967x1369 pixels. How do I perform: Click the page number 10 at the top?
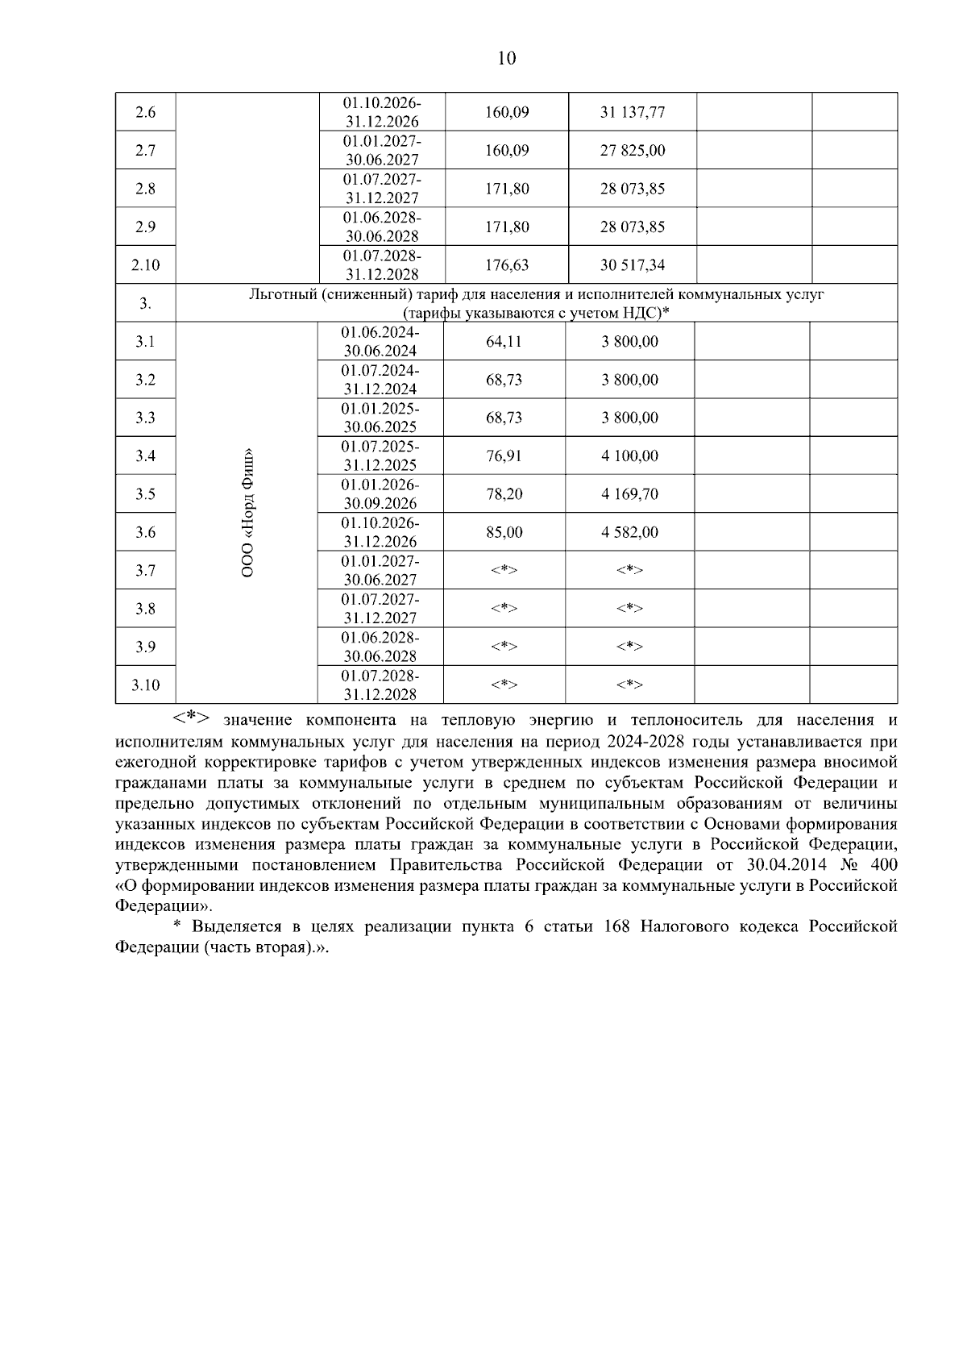pos(507,58)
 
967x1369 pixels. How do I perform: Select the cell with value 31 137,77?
pos(632,113)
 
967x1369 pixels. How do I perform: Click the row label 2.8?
pos(145,189)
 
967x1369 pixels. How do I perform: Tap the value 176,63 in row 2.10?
pos(507,265)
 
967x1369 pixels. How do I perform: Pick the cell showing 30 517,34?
pos(632,265)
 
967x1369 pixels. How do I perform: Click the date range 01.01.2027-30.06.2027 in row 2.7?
pos(382,151)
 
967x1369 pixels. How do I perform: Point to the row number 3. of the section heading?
pos(145,304)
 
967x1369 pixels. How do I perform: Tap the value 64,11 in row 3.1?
pos(504,342)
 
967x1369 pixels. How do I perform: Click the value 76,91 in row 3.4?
pos(504,456)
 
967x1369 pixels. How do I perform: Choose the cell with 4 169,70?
pos(629,494)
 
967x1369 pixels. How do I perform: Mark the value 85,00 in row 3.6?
pos(504,533)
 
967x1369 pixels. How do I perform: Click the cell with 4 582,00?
pos(629,533)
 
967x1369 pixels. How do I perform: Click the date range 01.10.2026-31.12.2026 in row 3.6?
pos(380,533)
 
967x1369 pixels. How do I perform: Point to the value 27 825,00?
pos(632,151)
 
